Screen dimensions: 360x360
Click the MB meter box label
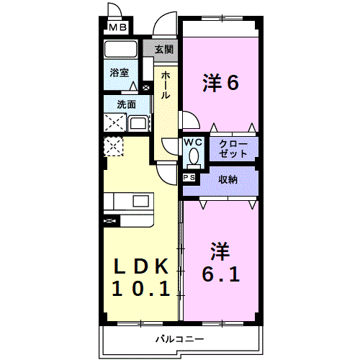[117, 28]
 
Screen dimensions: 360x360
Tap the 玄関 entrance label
[163, 50]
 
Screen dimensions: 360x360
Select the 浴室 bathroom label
[120, 73]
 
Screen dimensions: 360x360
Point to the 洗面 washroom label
[127, 104]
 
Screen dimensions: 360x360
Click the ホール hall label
[166, 86]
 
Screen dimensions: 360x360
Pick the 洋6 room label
[220, 84]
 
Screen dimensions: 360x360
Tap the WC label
[194, 143]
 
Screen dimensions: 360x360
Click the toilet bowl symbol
[194, 156]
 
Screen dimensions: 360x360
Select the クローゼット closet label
[233, 148]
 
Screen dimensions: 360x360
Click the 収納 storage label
[228, 179]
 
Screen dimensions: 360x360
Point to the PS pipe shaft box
[189, 177]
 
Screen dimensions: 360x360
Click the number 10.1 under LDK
[141, 290]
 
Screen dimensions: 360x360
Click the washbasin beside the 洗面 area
[138, 122]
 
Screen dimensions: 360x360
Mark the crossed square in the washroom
[114, 122]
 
